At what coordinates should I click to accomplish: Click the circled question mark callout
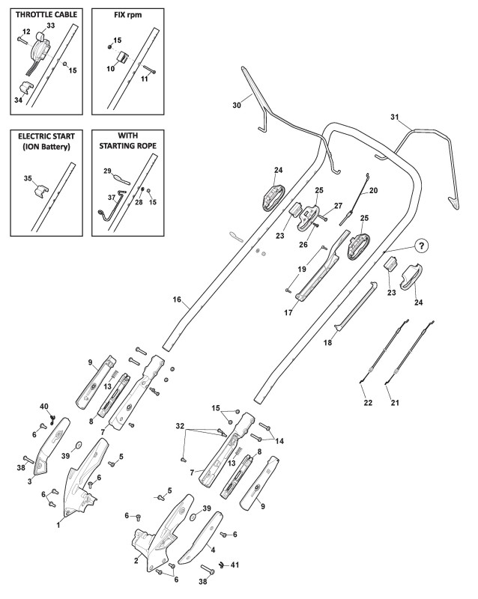[421, 246]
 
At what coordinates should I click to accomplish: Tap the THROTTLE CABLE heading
[46, 14]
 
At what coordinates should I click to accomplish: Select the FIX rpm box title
[127, 14]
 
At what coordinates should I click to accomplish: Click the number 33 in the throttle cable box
[50, 25]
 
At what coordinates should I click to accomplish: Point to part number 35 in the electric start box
[28, 178]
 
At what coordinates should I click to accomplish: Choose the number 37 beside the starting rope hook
[112, 198]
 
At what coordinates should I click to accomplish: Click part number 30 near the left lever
[237, 105]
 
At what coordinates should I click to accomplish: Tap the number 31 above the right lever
[395, 117]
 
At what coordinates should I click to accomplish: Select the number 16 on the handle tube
[177, 299]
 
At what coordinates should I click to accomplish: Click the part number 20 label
[373, 190]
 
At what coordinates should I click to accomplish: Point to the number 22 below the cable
[368, 403]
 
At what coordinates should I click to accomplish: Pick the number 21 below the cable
[395, 403]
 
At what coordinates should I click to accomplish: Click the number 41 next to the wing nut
[235, 565]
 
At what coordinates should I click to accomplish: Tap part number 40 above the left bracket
[45, 406]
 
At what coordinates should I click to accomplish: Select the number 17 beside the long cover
[288, 313]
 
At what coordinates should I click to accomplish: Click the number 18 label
[327, 343]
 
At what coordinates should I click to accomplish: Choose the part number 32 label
[180, 425]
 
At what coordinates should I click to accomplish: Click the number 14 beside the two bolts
[279, 441]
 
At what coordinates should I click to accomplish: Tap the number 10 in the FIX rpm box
[111, 69]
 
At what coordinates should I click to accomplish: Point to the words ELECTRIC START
[46, 136]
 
